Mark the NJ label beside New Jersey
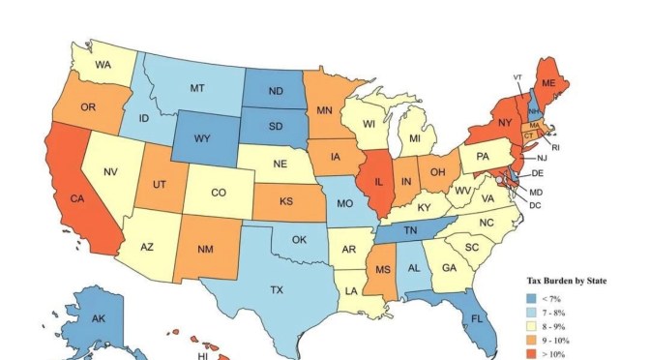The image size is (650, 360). click(542, 157)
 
